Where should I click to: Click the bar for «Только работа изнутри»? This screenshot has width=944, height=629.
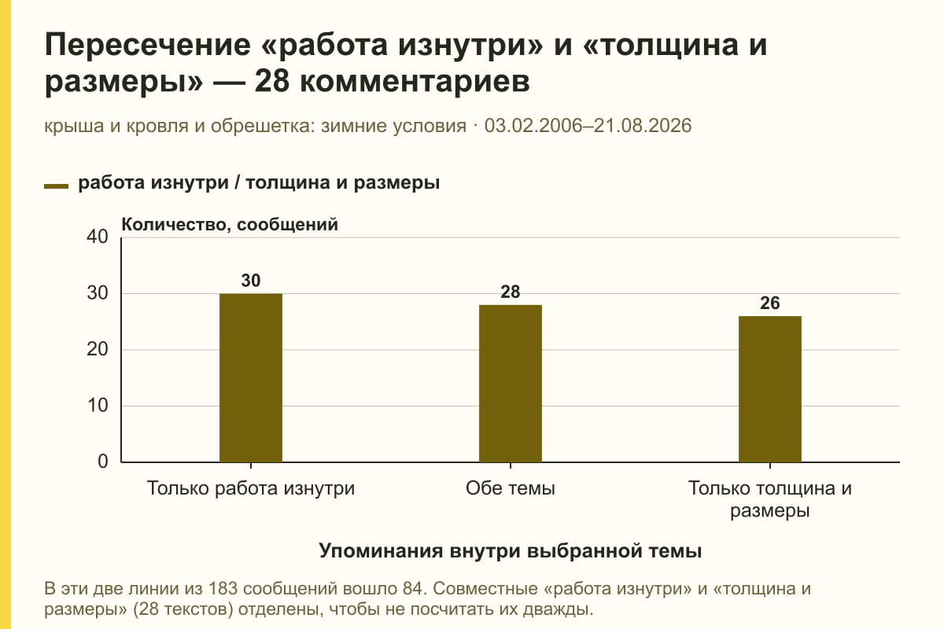pyautogui.click(x=251, y=378)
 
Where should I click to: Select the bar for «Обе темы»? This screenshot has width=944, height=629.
pyautogui.click(x=511, y=384)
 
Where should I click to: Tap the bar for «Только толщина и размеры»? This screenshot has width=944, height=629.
pyautogui.click(x=770, y=389)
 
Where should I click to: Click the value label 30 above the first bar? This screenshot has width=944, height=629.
pyautogui.click(x=251, y=281)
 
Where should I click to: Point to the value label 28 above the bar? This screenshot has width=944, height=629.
pyautogui.click(x=511, y=292)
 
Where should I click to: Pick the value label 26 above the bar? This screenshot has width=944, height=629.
pyautogui.click(x=770, y=303)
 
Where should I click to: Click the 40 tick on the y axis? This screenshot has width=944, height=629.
pyautogui.click(x=98, y=237)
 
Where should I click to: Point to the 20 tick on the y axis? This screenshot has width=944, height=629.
pyautogui.click(x=98, y=349)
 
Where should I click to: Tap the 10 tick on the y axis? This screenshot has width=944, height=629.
pyautogui.click(x=98, y=406)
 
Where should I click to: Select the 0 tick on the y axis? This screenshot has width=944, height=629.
pyautogui.click(x=103, y=462)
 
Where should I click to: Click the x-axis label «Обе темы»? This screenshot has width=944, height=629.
pyautogui.click(x=511, y=489)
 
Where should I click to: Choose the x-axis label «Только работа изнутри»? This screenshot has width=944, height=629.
pyautogui.click(x=251, y=489)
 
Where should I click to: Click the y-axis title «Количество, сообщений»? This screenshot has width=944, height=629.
pyautogui.click(x=230, y=225)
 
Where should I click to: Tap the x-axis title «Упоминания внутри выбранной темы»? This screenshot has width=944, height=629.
pyautogui.click(x=511, y=551)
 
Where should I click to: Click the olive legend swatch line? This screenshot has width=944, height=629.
pyautogui.click(x=56, y=186)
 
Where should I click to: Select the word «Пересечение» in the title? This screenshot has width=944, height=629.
pyautogui.click(x=148, y=45)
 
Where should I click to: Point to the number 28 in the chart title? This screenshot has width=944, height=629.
pyautogui.click(x=272, y=81)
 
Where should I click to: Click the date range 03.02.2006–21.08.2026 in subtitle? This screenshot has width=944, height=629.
pyautogui.click(x=588, y=126)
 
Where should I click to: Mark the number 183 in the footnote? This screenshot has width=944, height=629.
pyautogui.click(x=223, y=589)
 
